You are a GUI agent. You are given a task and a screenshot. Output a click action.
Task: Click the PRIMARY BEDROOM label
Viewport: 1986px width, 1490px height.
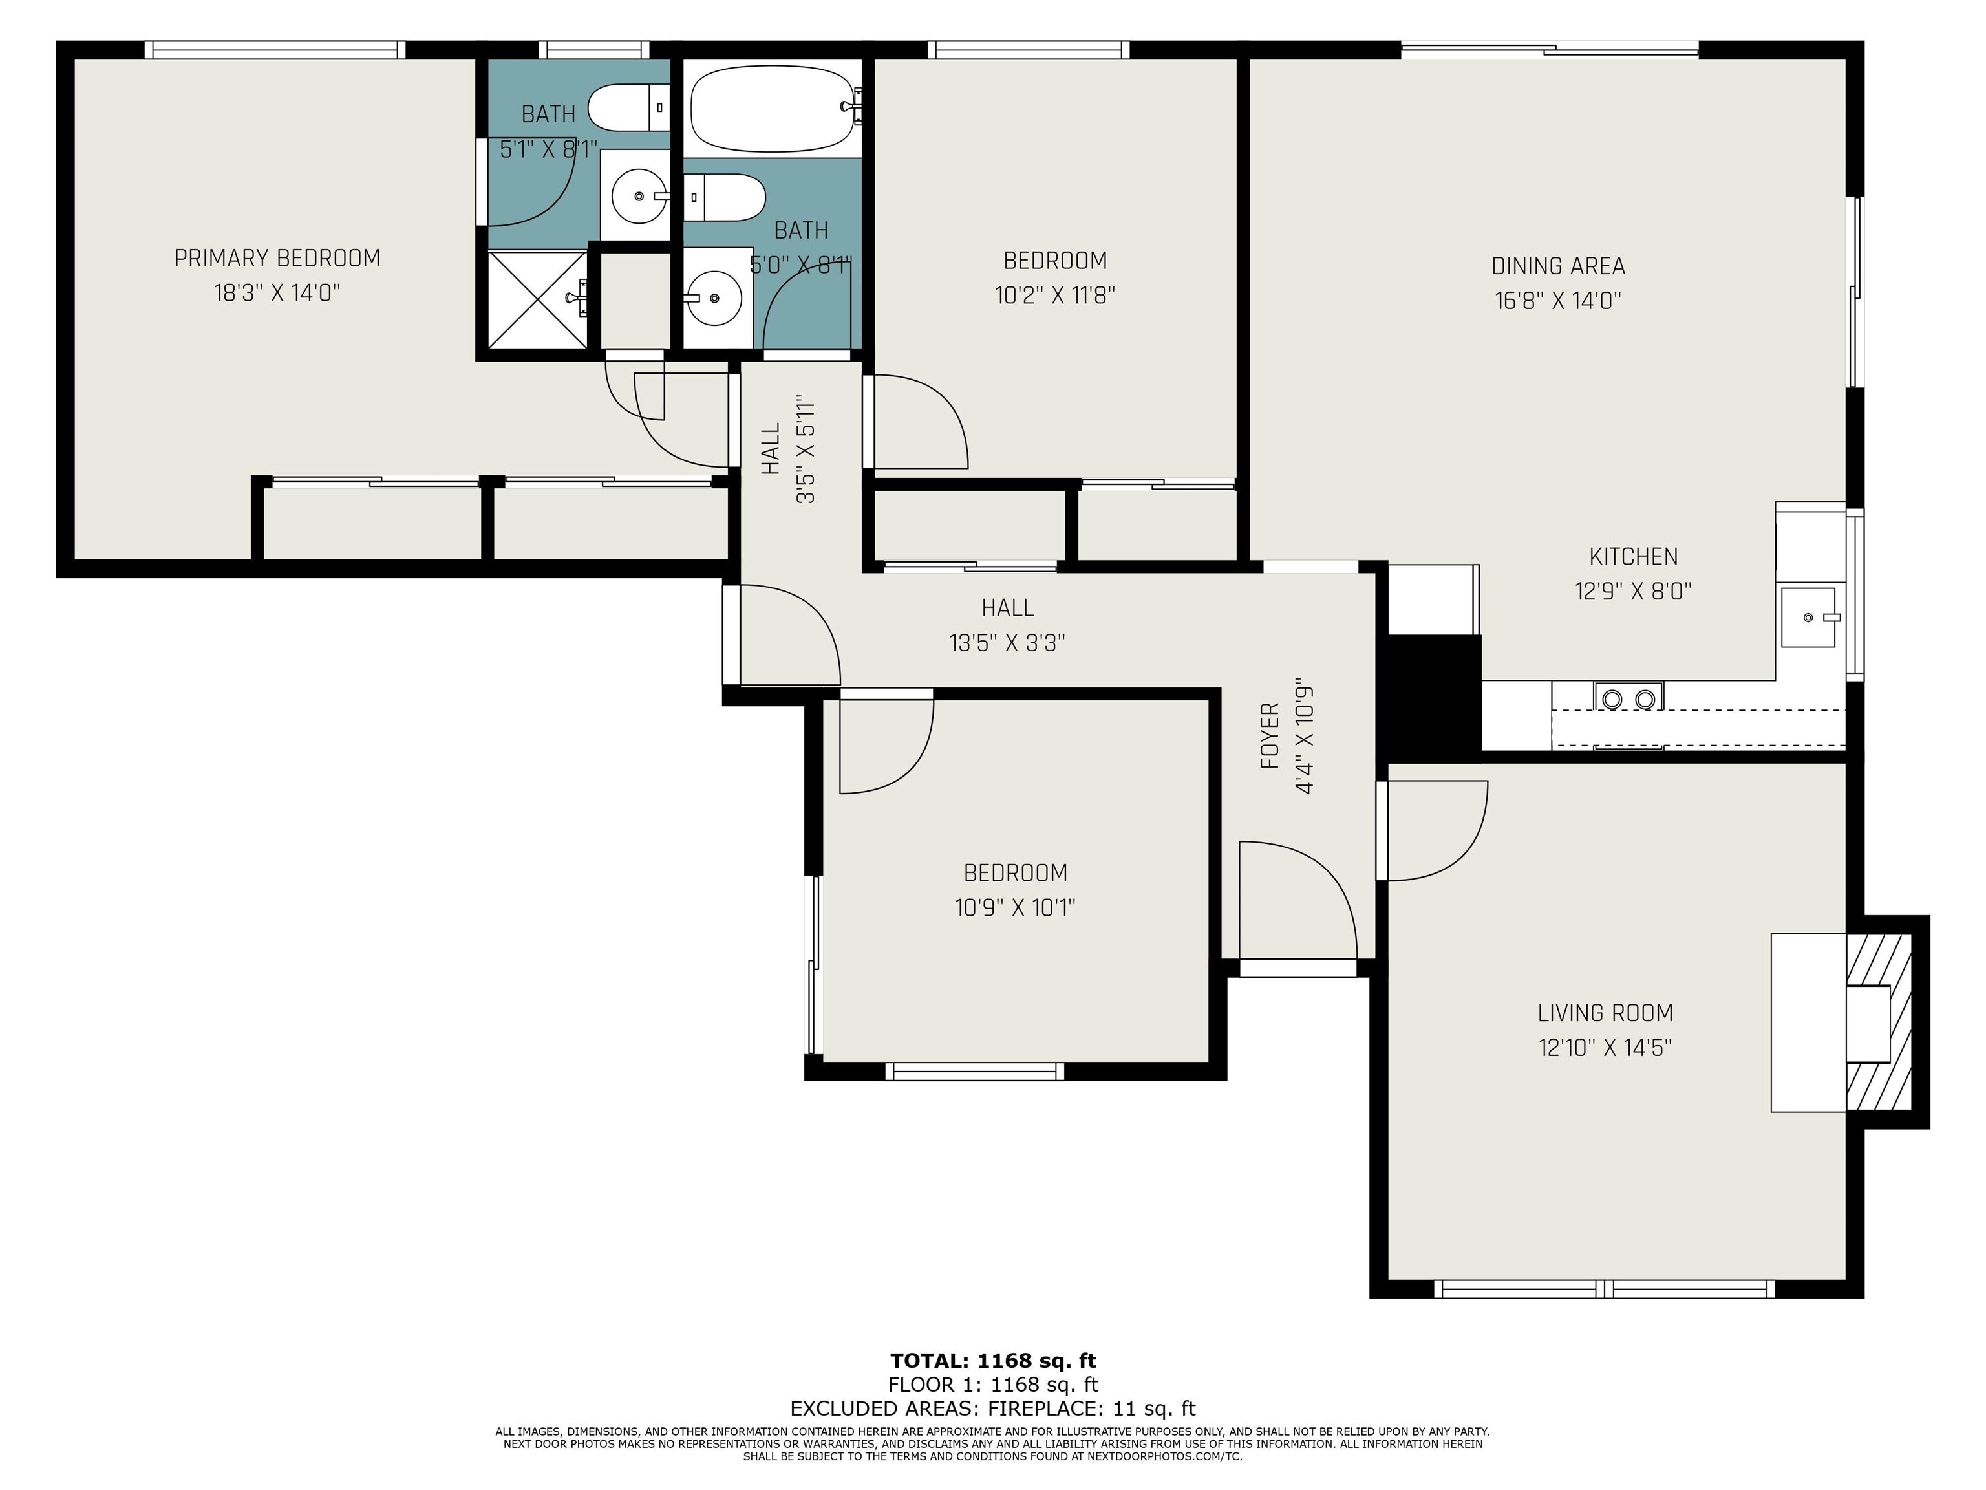(x=277, y=259)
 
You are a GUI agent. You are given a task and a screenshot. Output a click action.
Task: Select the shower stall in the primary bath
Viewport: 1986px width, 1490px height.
(x=537, y=298)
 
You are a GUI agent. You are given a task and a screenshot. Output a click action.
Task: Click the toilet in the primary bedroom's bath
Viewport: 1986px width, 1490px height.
(x=628, y=108)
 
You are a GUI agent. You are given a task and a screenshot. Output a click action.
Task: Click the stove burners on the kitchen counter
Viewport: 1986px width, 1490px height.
(x=1628, y=698)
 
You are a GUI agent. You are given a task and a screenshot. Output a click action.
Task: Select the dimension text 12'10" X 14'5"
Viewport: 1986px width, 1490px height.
(x=1605, y=1048)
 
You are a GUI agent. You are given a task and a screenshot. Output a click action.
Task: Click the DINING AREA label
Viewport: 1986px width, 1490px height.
(x=1558, y=266)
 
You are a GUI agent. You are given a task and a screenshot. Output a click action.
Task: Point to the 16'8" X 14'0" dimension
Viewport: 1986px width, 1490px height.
(x=1558, y=301)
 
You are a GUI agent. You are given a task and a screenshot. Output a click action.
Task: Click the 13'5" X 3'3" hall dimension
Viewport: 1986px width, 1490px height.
(x=1007, y=643)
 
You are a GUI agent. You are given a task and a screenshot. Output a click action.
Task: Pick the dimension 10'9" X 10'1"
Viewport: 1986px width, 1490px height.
(x=1014, y=908)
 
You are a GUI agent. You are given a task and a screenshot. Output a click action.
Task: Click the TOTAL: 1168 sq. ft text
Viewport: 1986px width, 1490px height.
(x=993, y=1361)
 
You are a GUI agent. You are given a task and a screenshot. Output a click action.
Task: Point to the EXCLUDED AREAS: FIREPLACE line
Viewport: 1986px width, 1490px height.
(x=993, y=1409)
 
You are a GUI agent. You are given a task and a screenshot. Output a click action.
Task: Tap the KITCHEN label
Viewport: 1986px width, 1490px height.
(x=1633, y=557)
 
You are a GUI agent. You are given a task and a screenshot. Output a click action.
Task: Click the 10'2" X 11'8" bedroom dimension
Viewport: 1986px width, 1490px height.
(x=1055, y=296)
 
